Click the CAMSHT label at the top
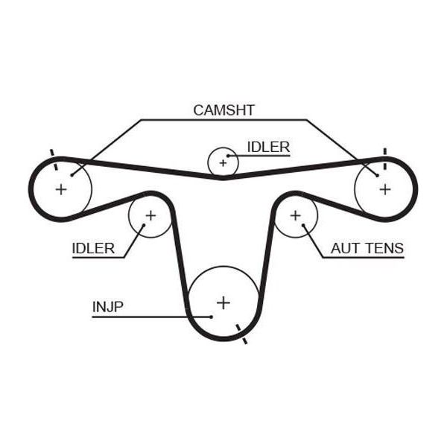tap(223, 110)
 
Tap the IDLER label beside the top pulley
tap(268, 147)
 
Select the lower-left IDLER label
tap(93, 248)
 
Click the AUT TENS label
tap(367, 248)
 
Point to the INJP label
tap(108, 307)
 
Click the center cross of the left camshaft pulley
tap(61, 189)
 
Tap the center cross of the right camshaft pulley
tap(385, 189)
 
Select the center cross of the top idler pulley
tap(223, 163)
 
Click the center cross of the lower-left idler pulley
tap(150, 215)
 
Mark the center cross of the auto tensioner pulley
tap(295, 215)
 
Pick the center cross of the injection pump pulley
tap(223, 302)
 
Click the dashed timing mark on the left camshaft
tap(54, 159)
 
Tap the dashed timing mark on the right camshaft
tap(385, 159)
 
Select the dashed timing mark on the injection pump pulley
tap(241, 334)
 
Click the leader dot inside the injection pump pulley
tap(212, 317)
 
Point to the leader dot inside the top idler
tap(228, 156)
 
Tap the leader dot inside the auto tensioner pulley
tap(303, 225)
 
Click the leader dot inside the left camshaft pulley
tap(72, 175)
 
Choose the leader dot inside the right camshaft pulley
tap(378, 175)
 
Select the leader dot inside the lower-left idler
tap(144, 225)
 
